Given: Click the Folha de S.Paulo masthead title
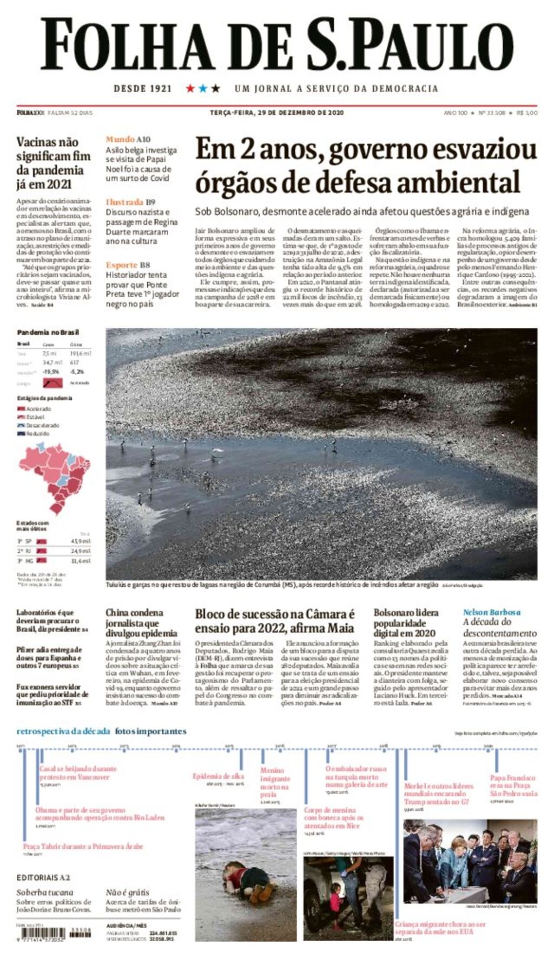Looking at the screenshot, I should [277, 44].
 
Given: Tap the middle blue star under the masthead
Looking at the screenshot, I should [203, 88].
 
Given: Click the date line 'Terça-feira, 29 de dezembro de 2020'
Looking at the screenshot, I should [276, 113].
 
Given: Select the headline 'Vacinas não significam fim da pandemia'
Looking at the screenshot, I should [53, 163].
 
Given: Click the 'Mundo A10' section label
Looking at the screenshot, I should [128, 139].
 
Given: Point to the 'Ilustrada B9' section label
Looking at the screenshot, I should [130, 202].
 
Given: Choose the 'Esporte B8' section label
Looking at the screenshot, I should [128, 264].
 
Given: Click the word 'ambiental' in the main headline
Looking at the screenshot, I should [463, 182].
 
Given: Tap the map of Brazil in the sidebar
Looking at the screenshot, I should [53, 476].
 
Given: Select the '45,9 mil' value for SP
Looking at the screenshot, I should [81, 541].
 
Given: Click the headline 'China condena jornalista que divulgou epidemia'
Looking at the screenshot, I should [141, 623].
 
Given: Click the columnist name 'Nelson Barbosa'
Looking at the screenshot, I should [491, 612].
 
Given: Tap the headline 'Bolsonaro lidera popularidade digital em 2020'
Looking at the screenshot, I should [406, 623].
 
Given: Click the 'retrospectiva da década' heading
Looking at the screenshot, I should [63, 731].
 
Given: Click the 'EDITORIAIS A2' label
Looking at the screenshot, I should [43, 877].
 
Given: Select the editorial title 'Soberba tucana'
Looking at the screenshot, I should [44, 892].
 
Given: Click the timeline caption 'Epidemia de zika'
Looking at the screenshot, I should [218, 776].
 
